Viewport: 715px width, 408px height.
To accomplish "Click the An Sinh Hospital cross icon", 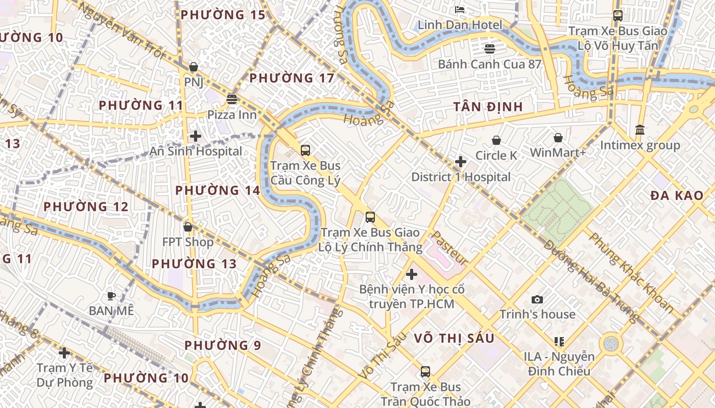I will point(195,136).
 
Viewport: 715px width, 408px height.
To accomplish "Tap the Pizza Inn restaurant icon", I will point(232,99).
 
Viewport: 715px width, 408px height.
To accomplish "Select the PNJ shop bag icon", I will point(194,67).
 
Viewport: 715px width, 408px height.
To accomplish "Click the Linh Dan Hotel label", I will point(460,25).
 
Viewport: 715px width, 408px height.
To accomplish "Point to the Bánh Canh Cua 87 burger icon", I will point(490,49).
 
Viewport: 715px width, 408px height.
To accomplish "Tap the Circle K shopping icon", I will point(496,140).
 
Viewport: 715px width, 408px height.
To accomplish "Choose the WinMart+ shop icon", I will point(558,138).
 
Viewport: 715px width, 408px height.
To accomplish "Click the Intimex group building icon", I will point(640,130).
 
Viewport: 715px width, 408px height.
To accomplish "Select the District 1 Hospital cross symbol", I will point(461,162).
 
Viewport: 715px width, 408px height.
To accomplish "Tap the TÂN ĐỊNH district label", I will point(488,107).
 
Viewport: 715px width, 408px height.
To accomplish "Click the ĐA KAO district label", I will point(677,195).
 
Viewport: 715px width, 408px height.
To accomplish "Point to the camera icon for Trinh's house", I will point(537,299).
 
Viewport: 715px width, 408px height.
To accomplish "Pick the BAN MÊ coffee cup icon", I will point(111,296).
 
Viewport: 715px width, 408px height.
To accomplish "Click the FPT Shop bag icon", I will point(188,227).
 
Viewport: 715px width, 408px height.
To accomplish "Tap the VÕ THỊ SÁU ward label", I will point(454,338).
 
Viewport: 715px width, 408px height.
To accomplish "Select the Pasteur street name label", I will point(450,248).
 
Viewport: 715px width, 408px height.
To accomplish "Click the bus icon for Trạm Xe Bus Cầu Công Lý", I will point(305,150).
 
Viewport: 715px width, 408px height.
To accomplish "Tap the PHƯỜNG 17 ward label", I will point(292,78).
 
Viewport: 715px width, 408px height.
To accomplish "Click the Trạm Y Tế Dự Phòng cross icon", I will point(64,353).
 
